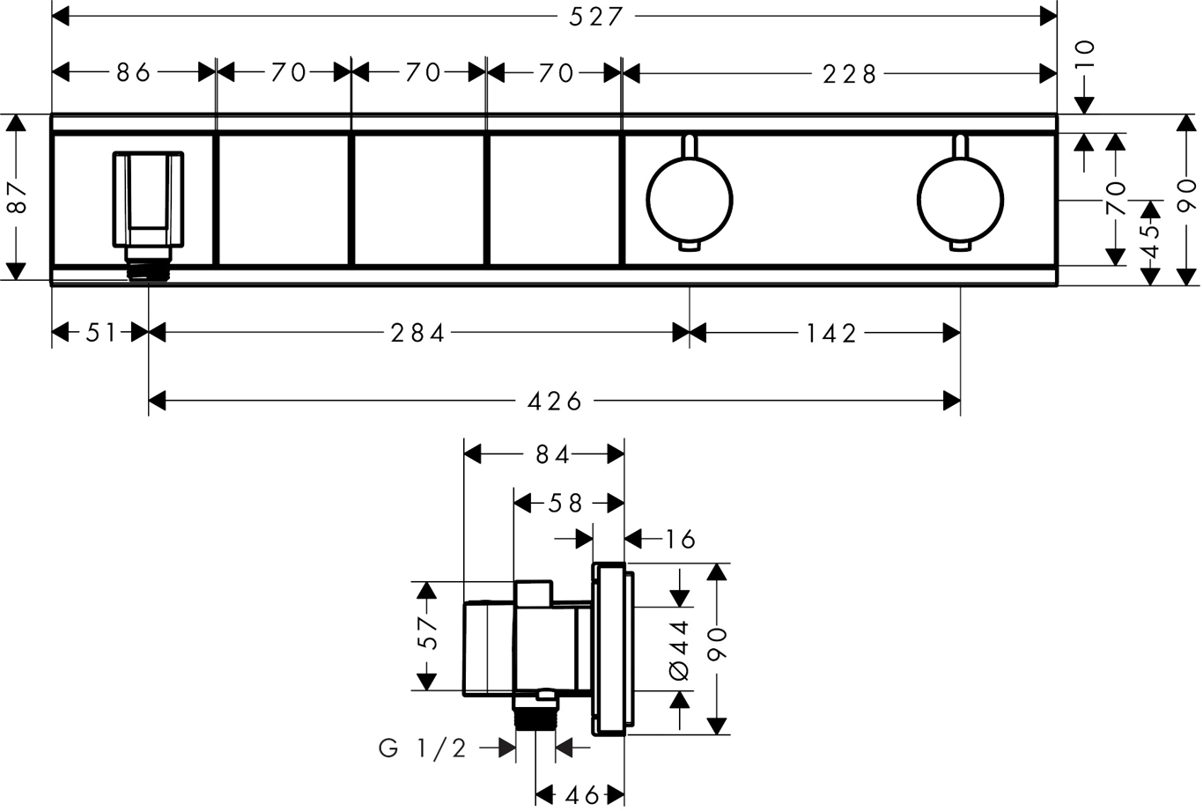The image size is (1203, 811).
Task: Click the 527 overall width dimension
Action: [x=595, y=17]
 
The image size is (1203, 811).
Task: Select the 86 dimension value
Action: [x=134, y=72]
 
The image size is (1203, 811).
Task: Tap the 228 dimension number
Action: [x=850, y=74]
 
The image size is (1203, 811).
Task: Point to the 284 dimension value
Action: [x=418, y=333]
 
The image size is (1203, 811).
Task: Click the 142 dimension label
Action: [x=830, y=333]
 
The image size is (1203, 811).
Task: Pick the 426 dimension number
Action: [x=555, y=402]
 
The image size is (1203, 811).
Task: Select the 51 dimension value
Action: [x=100, y=333]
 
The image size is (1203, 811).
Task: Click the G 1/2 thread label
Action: [x=423, y=748]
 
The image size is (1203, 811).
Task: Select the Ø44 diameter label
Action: [x=680, y=649]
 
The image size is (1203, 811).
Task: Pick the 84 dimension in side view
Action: [x=552, y=454]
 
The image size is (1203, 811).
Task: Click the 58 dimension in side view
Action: [x=565, y=503]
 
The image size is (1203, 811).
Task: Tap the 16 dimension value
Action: [x=680, y=538]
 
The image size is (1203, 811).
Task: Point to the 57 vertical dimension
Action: [x=427, y=632]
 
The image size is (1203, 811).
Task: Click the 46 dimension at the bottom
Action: [x=581, y=795]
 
